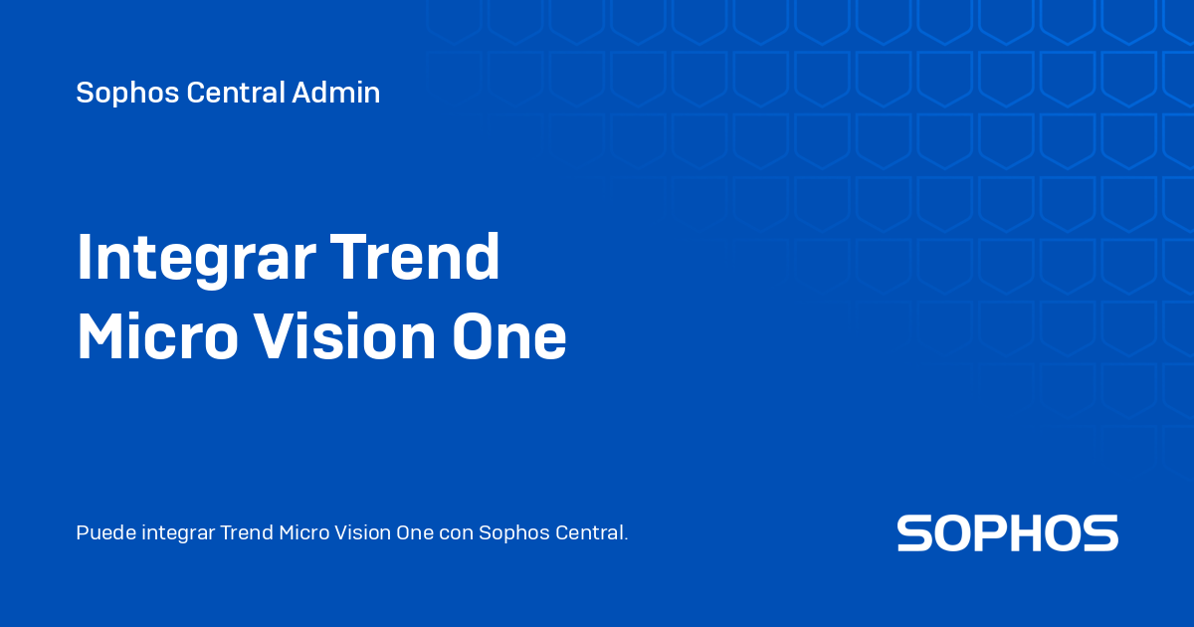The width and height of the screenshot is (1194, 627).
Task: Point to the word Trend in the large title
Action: click(415, 258)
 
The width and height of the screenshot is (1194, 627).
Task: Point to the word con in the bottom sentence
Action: click(456, 533)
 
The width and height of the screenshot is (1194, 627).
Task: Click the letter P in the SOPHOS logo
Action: click(996, 533)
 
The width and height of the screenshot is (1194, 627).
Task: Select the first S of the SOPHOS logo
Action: click(915, 533)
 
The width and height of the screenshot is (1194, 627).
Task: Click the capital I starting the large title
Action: click(85, 258)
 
